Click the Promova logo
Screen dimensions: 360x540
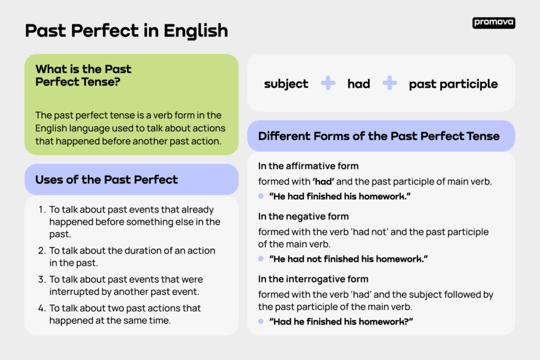pyautogui.click(x=494, y=23)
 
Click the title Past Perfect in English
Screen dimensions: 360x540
pyautogui.click(x=127, y=30)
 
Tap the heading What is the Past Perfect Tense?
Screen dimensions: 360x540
pyautogui.click(x=84, y=75)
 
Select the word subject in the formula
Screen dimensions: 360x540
pyautogui.click(x=286, y=84)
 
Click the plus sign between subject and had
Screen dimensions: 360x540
pyautogui.click(x=328, y=83)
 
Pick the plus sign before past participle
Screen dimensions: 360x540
pyautogui.click(x=390, y=83)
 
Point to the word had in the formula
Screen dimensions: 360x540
pyautogui.click(x=359, y=84)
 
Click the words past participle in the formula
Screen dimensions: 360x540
pyautogui.click(x=453, y=84)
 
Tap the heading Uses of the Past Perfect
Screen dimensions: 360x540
pyautogui.click(x=107, y=179)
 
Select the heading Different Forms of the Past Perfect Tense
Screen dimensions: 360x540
pyautogui.click(x=379, y=136)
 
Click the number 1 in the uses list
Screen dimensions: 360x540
pyautogui.click(x=41, y=210)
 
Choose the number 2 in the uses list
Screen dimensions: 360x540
pyautogui.click(x=41, y=251)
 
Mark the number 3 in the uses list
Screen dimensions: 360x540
pyautogui.click(x=41, y=279)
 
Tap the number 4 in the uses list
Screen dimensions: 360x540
pyautogui.click(x=41, y=308)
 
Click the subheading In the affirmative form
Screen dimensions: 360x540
pyautogui.click(x=308, y=166)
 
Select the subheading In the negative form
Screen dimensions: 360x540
pyautogui.click(x=304, y=217)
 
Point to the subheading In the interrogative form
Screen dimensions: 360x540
pyautogui.click(x=314, y=279)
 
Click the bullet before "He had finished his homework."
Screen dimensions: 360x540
pyautogui.click(x=261, y=196)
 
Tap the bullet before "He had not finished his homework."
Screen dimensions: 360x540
pyautogui.click(x=261, y=259)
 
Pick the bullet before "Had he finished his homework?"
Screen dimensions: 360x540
pyautogui.click(x=261, y=321)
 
